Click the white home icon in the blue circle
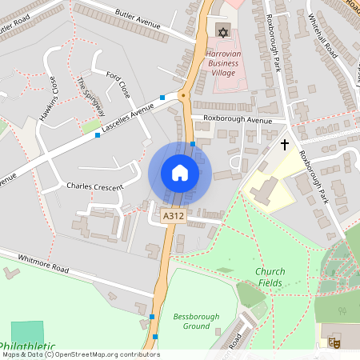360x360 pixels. [x=179, y=172]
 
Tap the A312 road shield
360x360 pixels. [x=174, y=217]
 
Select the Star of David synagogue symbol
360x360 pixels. [x=222, y=31]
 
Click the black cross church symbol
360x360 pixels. [x=284, y=145]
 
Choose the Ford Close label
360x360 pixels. [x=118, y=83]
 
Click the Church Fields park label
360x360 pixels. [x=270, y=277]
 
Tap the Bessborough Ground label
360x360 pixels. [x=196, y=322]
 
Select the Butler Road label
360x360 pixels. [x=16, y=25]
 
